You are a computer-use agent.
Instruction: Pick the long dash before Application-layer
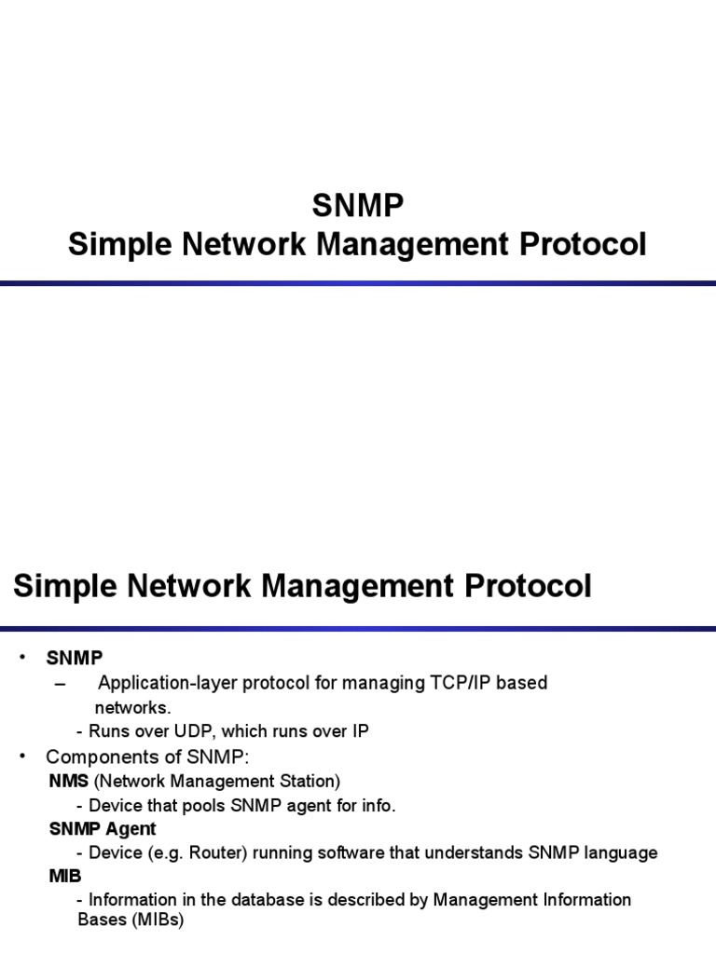62,684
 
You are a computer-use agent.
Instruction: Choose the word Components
99,756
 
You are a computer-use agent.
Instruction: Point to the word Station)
310,780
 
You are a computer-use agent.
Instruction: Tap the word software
333,852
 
